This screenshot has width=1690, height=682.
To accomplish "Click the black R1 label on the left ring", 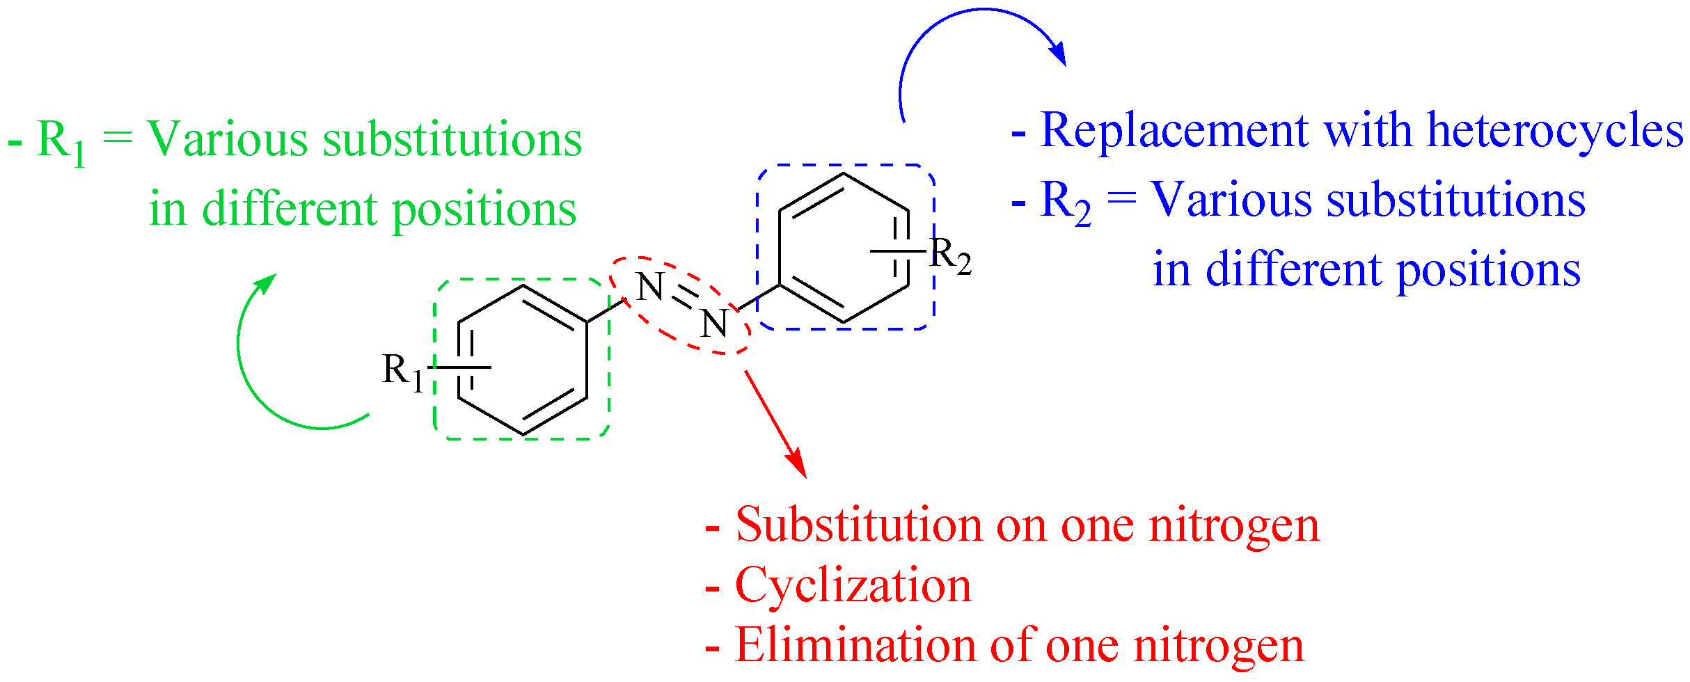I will click(402, 372).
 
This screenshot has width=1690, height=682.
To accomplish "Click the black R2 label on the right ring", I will click(950, 256).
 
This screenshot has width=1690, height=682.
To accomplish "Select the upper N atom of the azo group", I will click(650, 286).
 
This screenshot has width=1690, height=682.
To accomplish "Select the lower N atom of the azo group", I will click(714, 324).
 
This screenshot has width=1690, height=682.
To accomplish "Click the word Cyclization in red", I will click(853, 585).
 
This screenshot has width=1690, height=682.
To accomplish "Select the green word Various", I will click(227, 138).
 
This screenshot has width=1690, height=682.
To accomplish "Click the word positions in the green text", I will click(484, 210).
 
